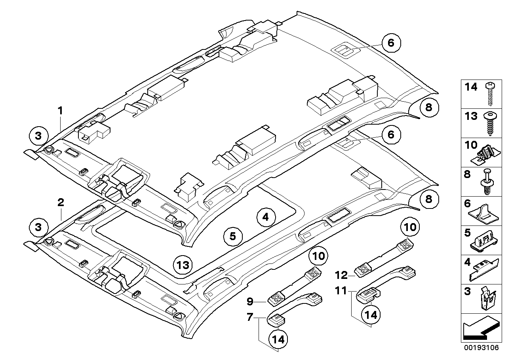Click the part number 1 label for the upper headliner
pyautogui.click(x=60, y=100)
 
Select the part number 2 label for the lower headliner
pyautogui.click(x=60, y=203)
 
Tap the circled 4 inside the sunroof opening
pyautogui.click(x=265, y=216)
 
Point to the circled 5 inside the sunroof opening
pyautogui.click(x=232, y=236)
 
